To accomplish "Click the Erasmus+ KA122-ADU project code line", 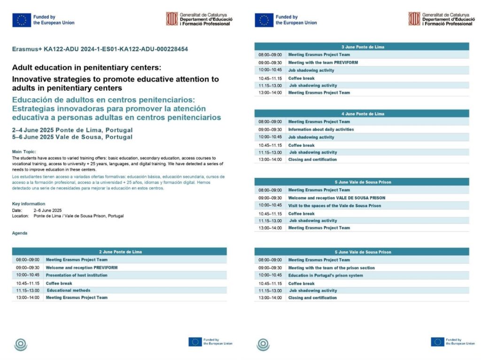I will click(101, 49).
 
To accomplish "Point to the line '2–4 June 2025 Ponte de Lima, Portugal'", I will click(72, 130).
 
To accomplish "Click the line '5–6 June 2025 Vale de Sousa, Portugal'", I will click(72, 137).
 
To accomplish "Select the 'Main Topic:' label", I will click(24, 152).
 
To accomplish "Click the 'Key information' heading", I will click(29, 204).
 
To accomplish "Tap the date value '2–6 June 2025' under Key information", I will click(48, 210).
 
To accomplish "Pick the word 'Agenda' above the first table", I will click(20, 233).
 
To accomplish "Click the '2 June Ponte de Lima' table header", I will click(120, 252).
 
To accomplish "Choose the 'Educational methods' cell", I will click(69, 290).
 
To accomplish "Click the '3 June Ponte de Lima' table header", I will click(362, 47).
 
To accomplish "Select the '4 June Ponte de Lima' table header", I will click(362, 114).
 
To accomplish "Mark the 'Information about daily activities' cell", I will click(321, 130).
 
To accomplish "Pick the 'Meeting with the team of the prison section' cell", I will click(332, 268).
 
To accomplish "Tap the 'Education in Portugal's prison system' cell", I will click(326, 276).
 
